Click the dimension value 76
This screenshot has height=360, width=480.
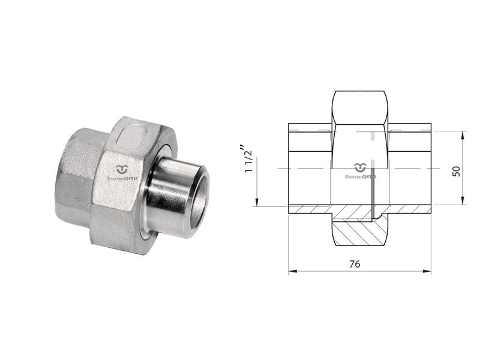click(x=355, y=264)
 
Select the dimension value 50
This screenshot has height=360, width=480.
click(x=456, y=171)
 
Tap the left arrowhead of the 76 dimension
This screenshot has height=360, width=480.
click(x=293, y=271)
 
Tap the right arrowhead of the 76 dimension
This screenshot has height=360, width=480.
click(x=427, y=271)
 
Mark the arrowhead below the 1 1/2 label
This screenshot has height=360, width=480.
click(x=257, y=202)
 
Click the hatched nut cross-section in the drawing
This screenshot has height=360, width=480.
click(x=358, y=233)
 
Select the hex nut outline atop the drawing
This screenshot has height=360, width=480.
click(x=360, y=107)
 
